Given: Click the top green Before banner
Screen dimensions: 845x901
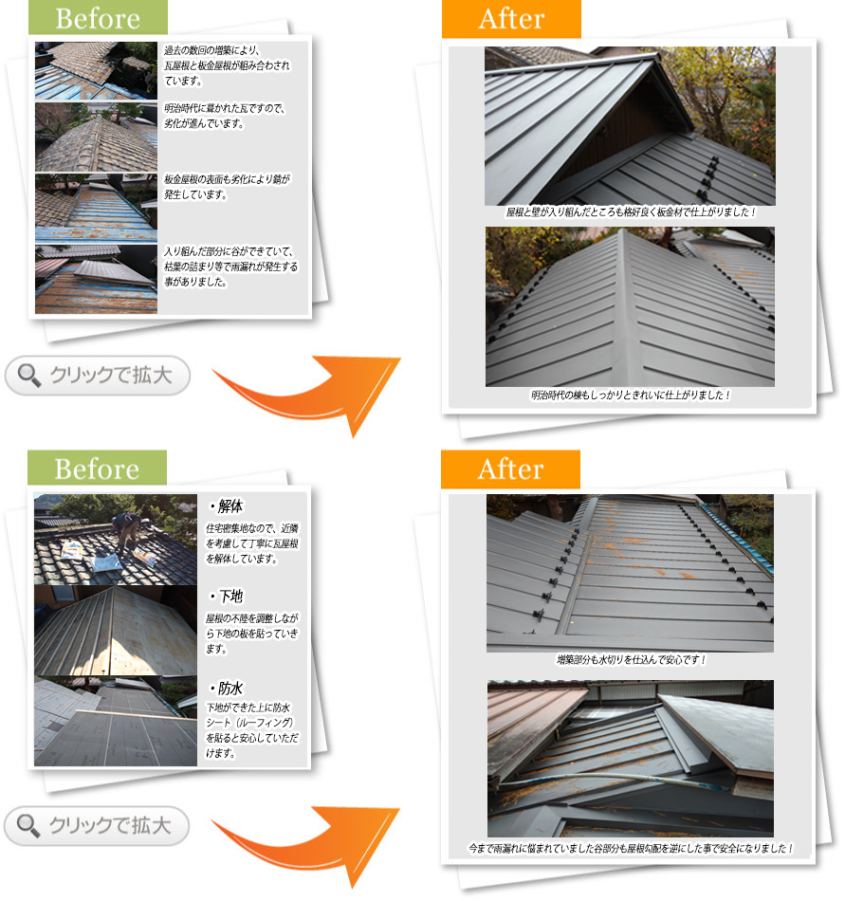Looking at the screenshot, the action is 98,17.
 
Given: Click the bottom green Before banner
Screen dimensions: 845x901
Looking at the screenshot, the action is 97,468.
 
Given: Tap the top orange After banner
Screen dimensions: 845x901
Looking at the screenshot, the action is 511,18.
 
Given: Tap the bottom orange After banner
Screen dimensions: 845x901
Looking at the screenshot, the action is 510,469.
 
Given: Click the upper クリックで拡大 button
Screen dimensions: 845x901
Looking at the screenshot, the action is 98,376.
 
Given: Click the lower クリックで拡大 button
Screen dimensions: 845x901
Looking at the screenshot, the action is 97,826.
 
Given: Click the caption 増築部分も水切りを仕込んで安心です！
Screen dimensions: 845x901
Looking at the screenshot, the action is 631,660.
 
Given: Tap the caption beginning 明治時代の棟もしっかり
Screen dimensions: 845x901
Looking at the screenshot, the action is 631,395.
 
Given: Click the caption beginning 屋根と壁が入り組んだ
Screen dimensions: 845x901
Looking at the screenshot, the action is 631,212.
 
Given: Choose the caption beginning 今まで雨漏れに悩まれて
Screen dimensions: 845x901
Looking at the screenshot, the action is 631,848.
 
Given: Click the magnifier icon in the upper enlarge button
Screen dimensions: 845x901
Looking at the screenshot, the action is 28,376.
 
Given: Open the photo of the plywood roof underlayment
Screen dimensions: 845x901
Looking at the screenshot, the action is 116,631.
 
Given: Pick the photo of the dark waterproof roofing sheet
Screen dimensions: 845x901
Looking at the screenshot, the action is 116,721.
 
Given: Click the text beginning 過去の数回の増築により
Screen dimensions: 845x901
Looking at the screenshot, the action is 228,65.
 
